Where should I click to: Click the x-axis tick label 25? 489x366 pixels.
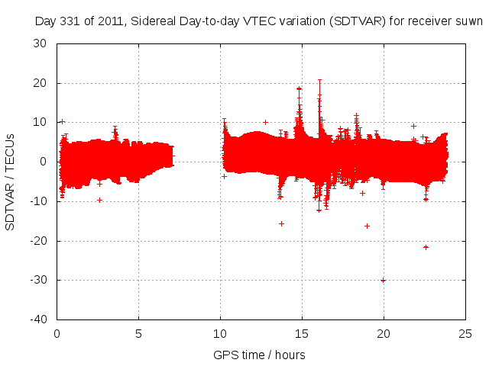pyautogui.click(x=465, y=332)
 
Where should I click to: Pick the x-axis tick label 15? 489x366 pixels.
pyautogui.click(x=302, y=332)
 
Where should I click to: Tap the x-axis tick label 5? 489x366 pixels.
pyautogui.click(x=138, y=332)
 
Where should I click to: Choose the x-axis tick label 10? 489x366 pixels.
pyautogui.click(x=220, y=332)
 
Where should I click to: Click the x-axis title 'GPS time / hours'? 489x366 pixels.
pyautogui.click(x=261, y=355)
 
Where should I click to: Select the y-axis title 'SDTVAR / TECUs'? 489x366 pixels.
pyautogui.click(x=11, y=181)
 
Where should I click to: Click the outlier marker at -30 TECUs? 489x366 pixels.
pyautogui.click(x=383, y=280)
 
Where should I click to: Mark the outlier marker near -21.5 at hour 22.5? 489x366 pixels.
pyautogui.click(x=426, y=247)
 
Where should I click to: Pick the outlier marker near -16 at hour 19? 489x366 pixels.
pyautogui.click(x=368, y=226)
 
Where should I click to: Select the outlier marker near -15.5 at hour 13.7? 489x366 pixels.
pyautogui.click(x=281, y=223)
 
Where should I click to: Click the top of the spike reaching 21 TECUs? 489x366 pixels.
pyautogui.click(x=319, y=79)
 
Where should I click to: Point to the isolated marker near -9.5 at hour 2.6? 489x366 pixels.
pyautogui.click(x=100, y=200)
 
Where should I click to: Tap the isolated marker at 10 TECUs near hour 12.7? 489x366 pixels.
pyautogui.click(x=265, y=122)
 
